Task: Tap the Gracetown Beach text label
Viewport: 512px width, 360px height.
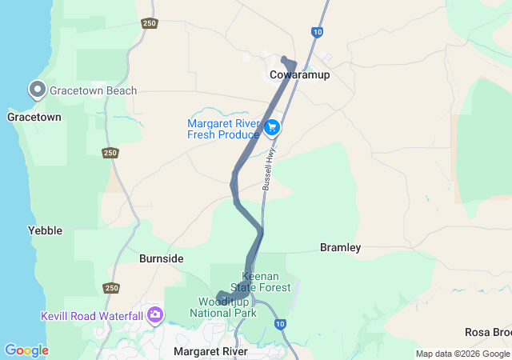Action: click(x=93, y=90)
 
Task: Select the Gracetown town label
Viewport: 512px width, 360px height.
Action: click(x=34, y=117)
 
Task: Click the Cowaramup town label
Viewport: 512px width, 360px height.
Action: click(x=299, y=74)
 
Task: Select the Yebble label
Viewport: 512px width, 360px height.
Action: click(x=45, y=230)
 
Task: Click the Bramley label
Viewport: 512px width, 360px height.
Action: click(x=341, y=247)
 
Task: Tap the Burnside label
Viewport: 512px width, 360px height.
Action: click(x=161, y=258)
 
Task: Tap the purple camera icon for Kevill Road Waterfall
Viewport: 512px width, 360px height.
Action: click(x=154, y=315)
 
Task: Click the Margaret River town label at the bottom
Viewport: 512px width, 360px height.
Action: click(x=210, y=351)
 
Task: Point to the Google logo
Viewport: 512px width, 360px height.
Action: click(x=26, y=350)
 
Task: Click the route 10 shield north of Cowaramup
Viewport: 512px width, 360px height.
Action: click(x=318, y=32)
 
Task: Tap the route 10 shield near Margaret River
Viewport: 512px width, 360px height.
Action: click(x=279, y=324)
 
